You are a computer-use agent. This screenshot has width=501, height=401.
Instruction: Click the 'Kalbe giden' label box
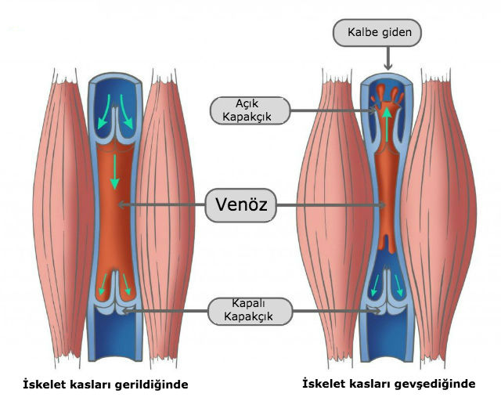pos(377,33)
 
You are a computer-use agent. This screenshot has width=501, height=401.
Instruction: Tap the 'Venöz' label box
pos(240,205)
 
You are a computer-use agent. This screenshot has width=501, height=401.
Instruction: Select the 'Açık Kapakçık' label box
pos(250,110)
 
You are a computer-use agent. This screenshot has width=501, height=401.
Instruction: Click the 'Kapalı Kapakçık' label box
pos(250,311)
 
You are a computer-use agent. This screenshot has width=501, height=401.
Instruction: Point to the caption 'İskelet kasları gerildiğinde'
pos(106,385)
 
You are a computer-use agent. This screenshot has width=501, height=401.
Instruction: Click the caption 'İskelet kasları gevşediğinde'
pos(389,384)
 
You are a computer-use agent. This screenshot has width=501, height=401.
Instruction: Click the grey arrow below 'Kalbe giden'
pos(388,58)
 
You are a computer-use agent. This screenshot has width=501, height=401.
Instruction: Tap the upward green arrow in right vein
pos(387,125)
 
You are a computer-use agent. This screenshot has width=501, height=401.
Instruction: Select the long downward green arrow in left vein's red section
pos(115,172)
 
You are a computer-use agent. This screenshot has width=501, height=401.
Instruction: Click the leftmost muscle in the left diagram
pos(63,218)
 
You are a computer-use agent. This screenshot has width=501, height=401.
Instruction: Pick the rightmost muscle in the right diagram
pos(439,218)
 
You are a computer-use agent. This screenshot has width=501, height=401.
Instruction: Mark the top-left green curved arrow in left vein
pos(104,112)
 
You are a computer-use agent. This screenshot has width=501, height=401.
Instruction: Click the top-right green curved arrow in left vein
pos(127,112)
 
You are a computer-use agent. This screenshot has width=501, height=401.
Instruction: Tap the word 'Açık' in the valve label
pos(247,103)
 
